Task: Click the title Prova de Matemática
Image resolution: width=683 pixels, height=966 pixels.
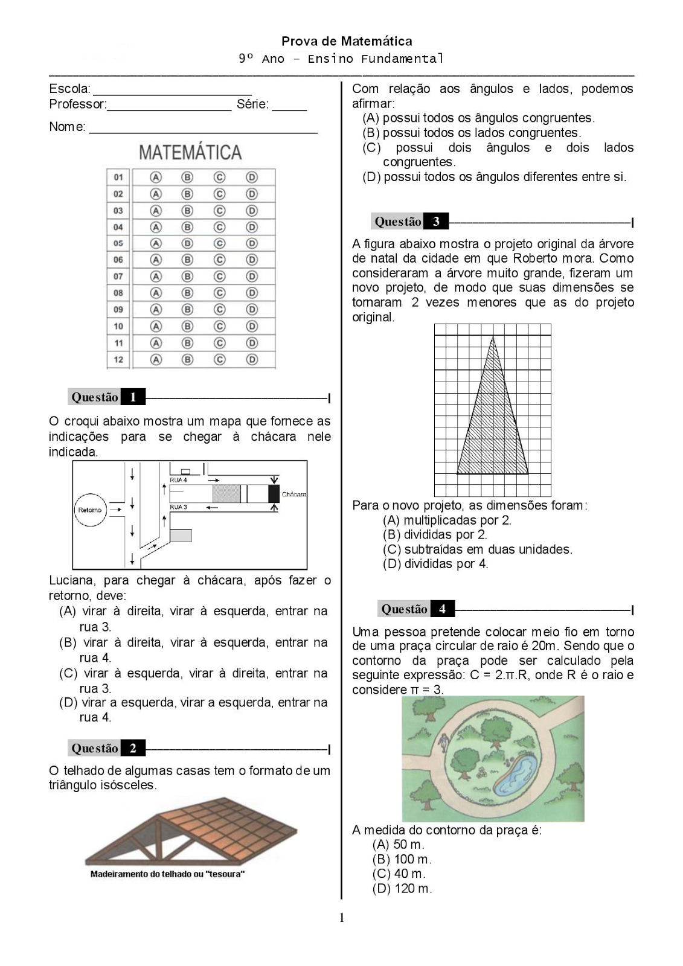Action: pos(347,41)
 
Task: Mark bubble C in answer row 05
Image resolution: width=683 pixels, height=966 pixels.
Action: pos(219,243)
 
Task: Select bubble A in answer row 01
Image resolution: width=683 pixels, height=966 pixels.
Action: pos(156,178)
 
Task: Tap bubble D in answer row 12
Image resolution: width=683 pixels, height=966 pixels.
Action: pos(252,359)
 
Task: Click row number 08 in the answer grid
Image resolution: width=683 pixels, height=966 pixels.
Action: pos(118,293)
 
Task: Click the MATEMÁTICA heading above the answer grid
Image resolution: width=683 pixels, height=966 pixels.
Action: pos(190,152)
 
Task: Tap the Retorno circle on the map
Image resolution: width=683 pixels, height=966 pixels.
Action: pos(90,510)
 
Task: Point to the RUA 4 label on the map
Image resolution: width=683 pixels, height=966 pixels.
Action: pos(178,480)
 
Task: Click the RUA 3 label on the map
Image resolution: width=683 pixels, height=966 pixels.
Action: pos(178,507)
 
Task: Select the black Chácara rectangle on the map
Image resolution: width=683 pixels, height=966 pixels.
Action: pos(274,493)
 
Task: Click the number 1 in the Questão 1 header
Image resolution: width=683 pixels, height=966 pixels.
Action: pos(133,397)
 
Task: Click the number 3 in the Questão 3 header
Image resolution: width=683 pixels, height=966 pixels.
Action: pos(436,222)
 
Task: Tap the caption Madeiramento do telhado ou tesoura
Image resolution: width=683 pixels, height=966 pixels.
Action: pos(167,874)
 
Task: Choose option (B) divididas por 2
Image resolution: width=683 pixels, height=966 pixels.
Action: pos(435,534)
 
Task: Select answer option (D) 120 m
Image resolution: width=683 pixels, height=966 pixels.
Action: pos(402,888)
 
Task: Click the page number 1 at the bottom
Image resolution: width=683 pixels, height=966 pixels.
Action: pos(342,918)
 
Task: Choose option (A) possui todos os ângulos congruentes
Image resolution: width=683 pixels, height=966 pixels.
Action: pos(478,118)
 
